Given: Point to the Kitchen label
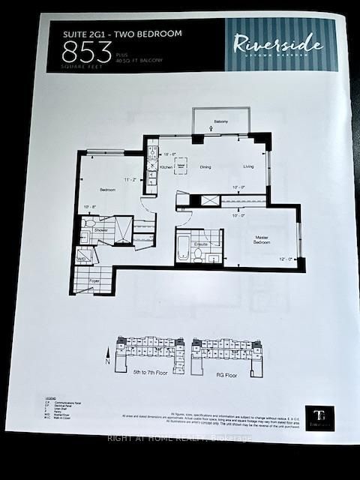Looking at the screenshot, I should [166, 167].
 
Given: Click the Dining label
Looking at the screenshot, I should [205, 167].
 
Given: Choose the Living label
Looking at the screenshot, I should [248, 167].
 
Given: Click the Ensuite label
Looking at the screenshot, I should [200, 244].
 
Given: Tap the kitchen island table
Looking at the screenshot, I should [180, 165].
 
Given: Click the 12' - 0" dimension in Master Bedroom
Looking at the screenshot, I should [286, 259].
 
